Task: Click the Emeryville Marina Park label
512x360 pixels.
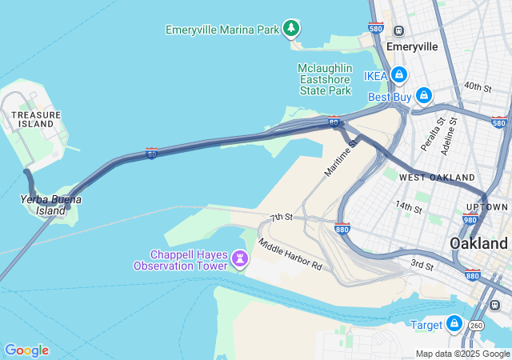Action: click(222, 30)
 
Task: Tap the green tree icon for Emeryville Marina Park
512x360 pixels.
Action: click(291, 29)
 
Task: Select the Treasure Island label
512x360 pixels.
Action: click(36, 120)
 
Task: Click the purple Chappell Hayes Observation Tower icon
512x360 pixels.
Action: click(239, 258)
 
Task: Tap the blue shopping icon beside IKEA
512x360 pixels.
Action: click(399, 75)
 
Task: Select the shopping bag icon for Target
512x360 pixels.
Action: click(454, 324)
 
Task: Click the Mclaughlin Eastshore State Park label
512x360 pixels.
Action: click(324, 79)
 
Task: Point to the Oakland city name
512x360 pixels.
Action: click(478, 242)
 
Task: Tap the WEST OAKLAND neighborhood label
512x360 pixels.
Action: click(437, 177)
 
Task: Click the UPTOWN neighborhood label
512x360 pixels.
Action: click(486, 207)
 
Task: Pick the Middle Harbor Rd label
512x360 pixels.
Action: click(290, 254)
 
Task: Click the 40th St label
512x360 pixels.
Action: click(477, 86)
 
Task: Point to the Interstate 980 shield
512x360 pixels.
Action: click(470, 220)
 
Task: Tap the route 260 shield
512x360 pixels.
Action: click(476, 326)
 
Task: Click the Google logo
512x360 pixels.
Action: click(26, 350)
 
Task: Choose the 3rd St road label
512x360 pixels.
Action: click(422, 265)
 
